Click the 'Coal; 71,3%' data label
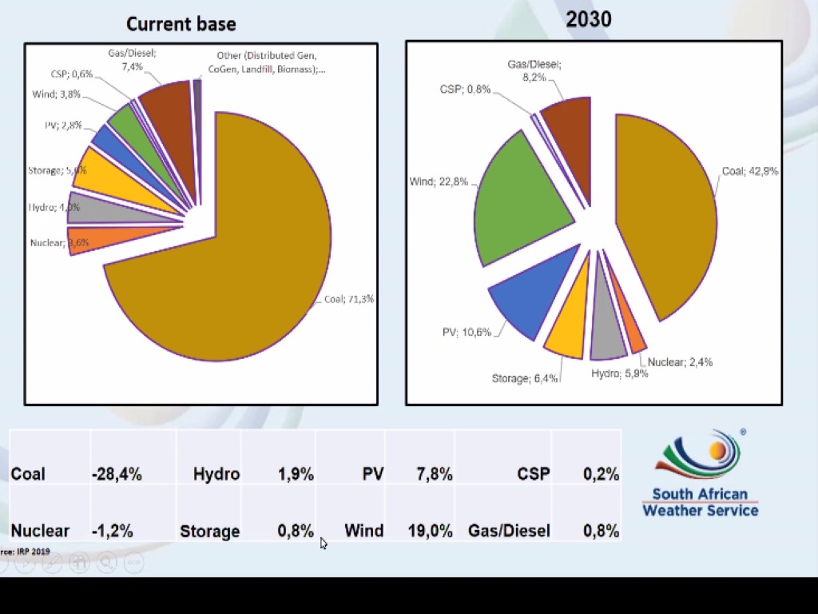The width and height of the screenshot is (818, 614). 349,299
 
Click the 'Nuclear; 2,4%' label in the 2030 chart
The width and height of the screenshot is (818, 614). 680,362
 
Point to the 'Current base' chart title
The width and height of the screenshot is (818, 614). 181,24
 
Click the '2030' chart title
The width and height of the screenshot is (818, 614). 589,19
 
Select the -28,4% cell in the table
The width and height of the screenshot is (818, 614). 117,474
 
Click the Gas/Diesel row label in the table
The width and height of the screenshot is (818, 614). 509,531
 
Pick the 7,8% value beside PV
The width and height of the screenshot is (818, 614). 435,474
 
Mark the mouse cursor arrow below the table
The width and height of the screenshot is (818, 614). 323,543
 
